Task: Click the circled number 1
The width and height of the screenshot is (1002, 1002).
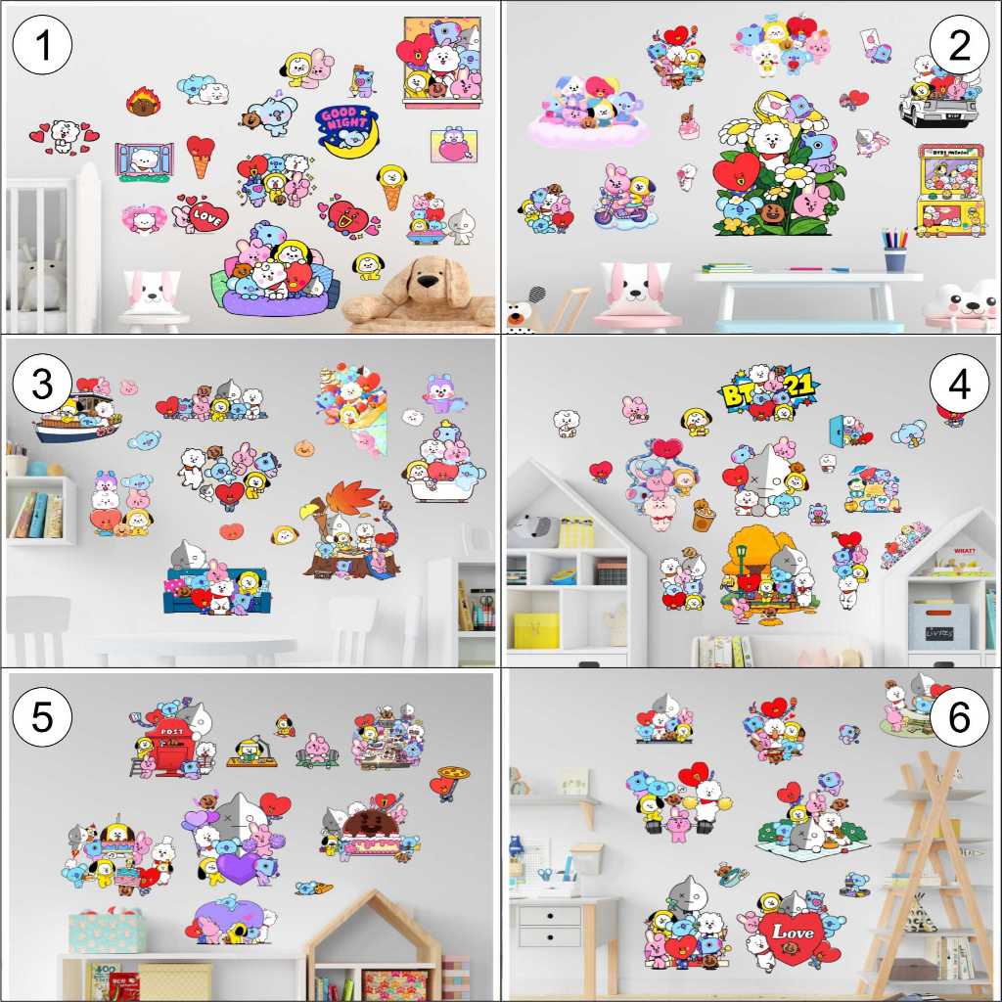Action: pyautogui.click(x=42, y=46)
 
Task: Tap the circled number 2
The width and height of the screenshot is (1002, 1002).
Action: pyautogui.click(x=959, y=46)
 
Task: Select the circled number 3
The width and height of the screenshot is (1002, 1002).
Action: pyautogui.click(x=42, y=384)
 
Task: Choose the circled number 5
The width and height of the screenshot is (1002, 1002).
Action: pyautogui.click(x=42, y=716)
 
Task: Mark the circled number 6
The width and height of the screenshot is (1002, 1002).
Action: pyautogui.click(x=959, y=716)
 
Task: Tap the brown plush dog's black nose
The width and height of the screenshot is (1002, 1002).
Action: pyautogui.click(x=427, y=283)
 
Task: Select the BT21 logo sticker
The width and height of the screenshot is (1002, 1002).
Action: pyautogui.click(x=769, y=391)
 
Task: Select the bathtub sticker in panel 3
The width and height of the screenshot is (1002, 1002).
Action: pyautogui.click(x=442, y=479)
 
